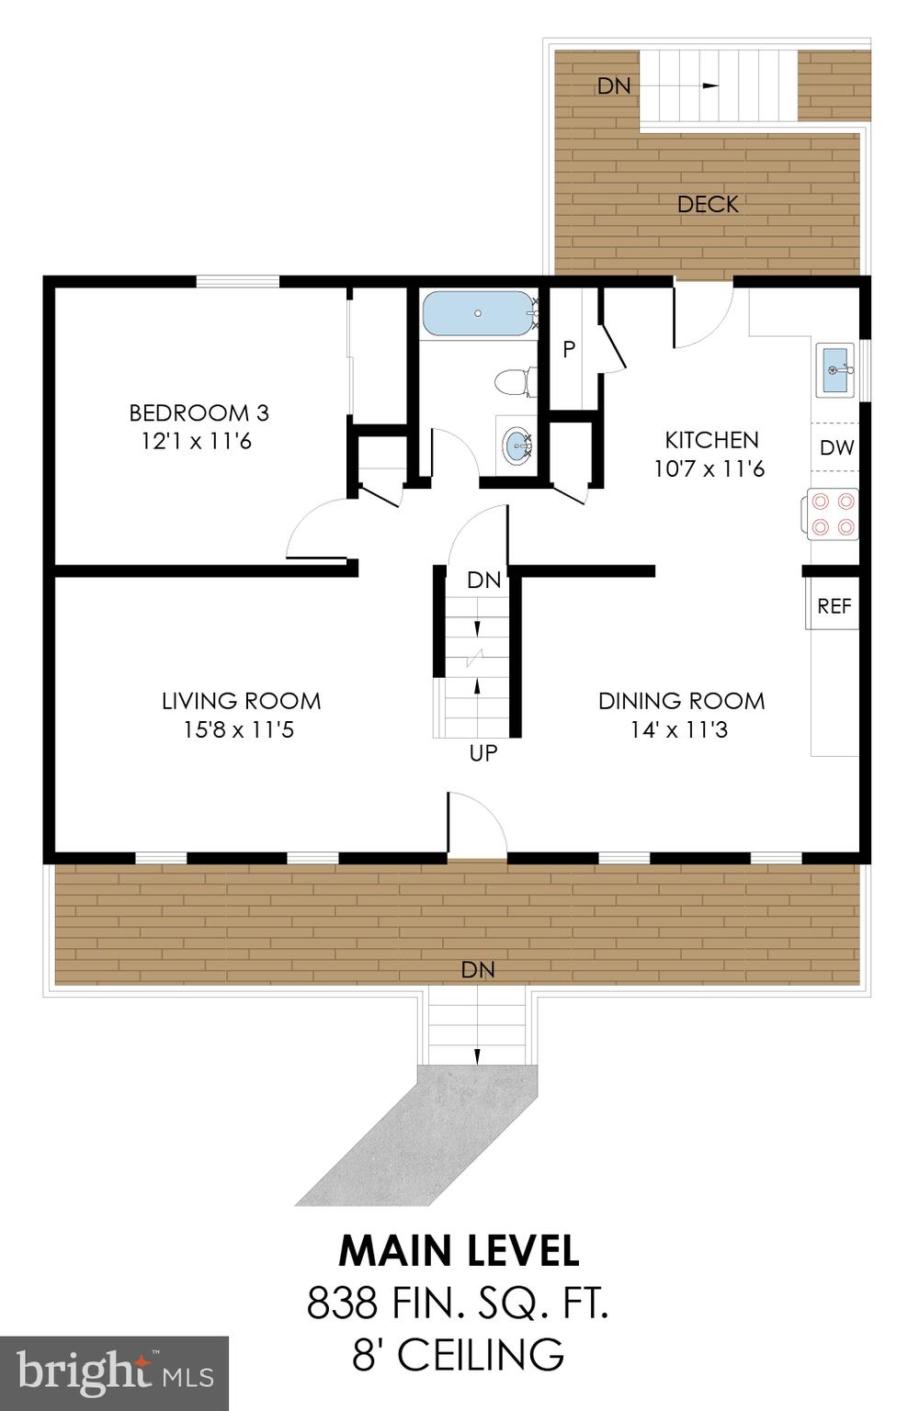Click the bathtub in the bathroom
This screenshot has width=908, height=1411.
coord(478,314)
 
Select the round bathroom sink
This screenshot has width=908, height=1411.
coord(516,446)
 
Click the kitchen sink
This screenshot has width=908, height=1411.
coord(835,369)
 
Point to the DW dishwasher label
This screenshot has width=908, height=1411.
coord(836,448)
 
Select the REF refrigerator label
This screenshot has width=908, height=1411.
coord(834,606)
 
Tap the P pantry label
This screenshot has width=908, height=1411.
coord(569,349)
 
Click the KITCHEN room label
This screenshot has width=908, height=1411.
coord(711,440)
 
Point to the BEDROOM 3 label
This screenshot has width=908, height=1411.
coord(199,412)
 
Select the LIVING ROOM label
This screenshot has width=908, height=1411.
coord(241,701)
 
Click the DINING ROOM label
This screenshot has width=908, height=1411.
coord(681,701)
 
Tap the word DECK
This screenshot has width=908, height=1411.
coord(708,205)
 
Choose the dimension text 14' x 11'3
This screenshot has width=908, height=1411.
coord(679,730)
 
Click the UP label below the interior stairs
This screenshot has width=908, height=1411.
coord(483,753)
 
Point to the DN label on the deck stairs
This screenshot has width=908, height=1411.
coord(614,86)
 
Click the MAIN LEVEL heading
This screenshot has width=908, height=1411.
coord(459,1251)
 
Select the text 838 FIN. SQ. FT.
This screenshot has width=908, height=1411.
coord(458,1303)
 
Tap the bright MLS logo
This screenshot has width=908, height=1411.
coord(114,1373)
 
